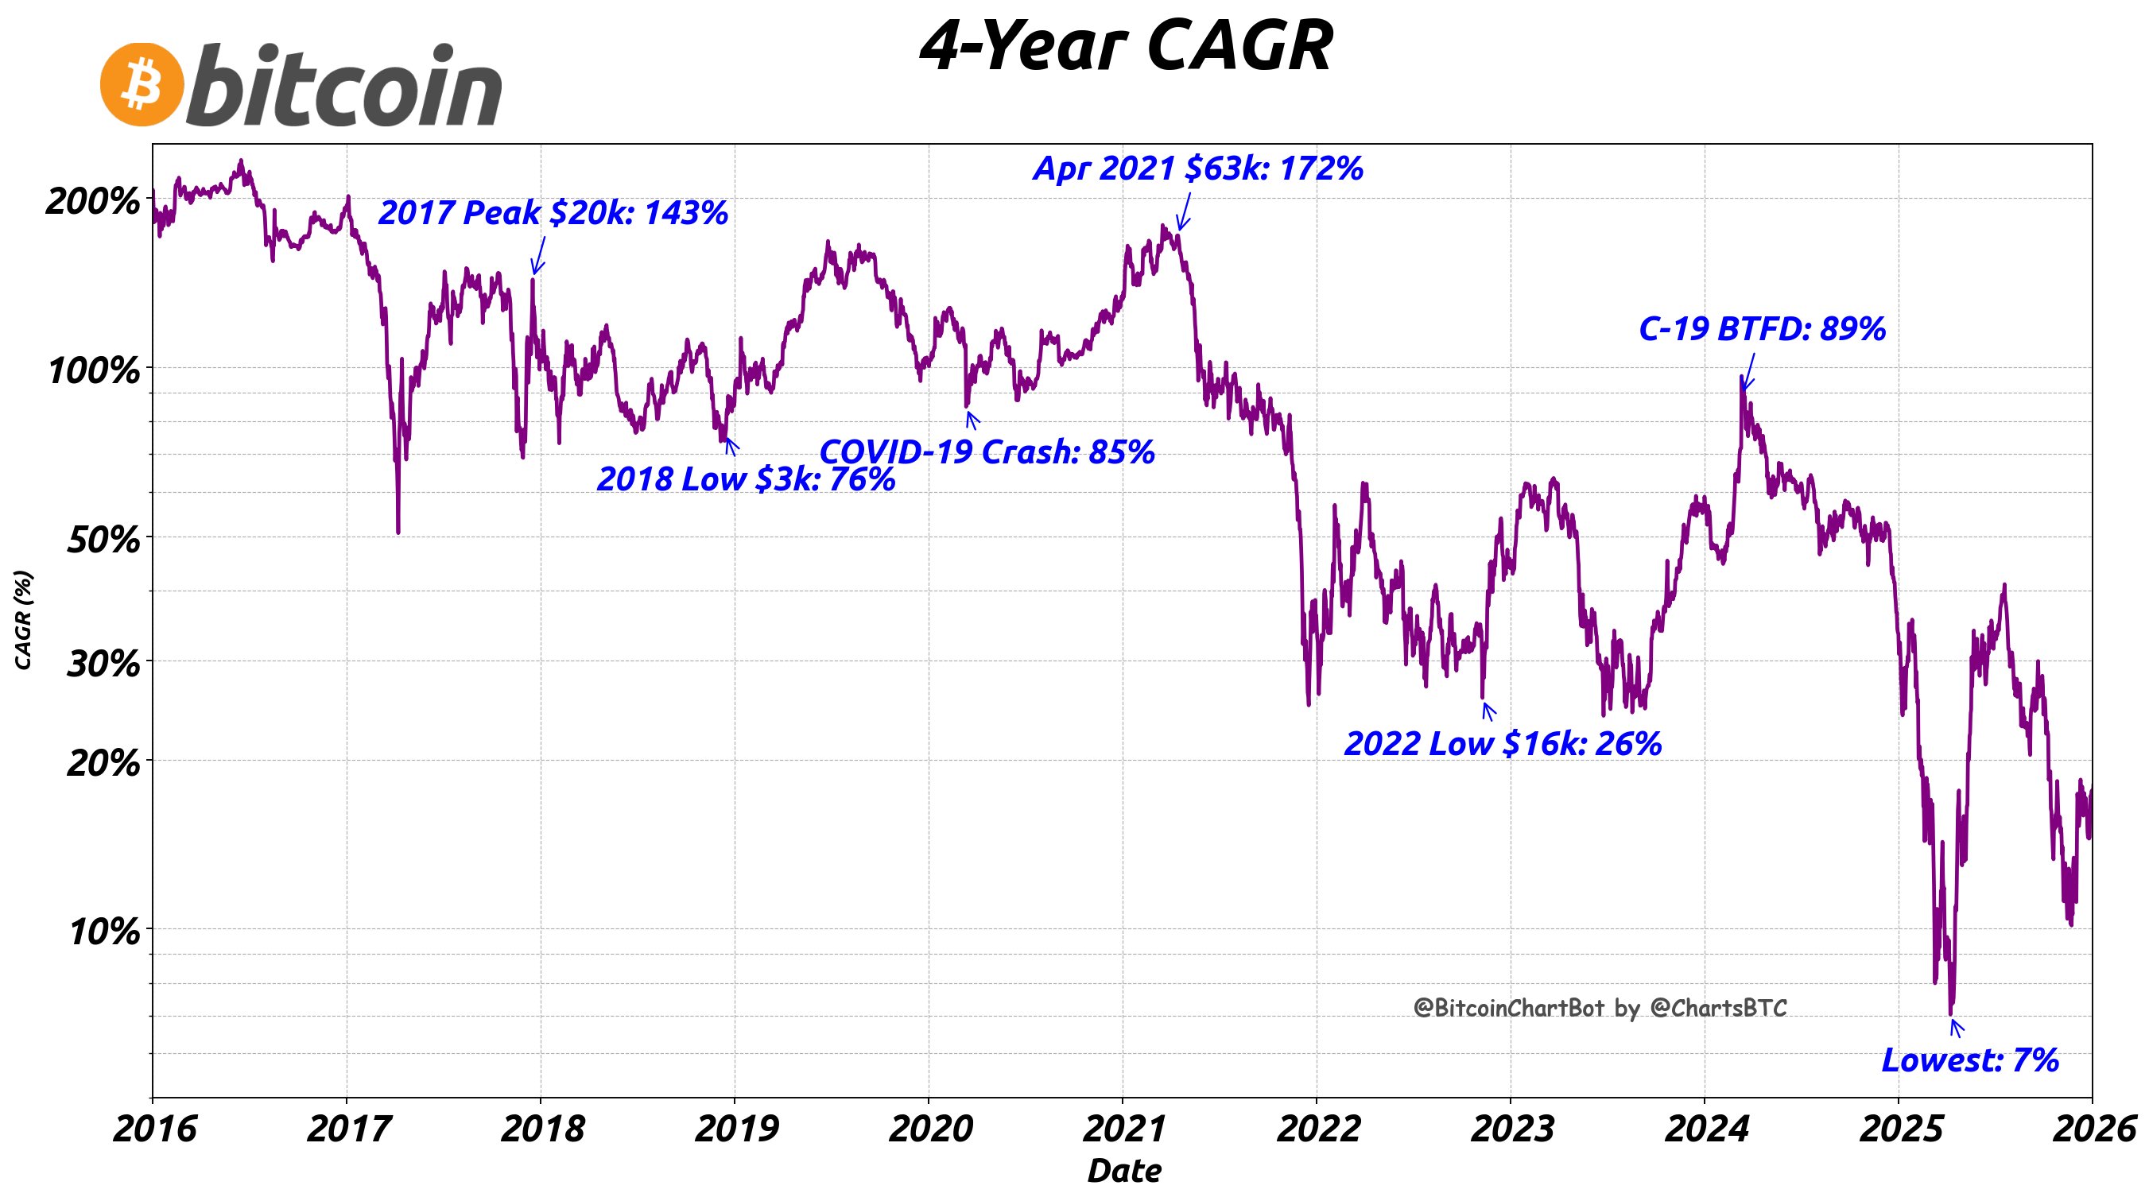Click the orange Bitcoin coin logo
(141, 85)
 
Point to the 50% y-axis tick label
(103, 540)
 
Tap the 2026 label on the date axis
(2093, 1129)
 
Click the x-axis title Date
(1123, 1171)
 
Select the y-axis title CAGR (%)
(23, 620)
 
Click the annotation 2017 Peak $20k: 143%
(553, 214)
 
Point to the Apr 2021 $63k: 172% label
(1198, 169)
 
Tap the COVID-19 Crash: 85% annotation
(987, 452)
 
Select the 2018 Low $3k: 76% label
(746, 478)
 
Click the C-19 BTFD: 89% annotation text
(1762, 329)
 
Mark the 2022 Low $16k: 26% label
(1503, 744)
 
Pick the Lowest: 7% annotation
(1969, 1060)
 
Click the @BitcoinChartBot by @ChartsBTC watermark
(1600, 1009)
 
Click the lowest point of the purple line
(1950, 1013)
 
